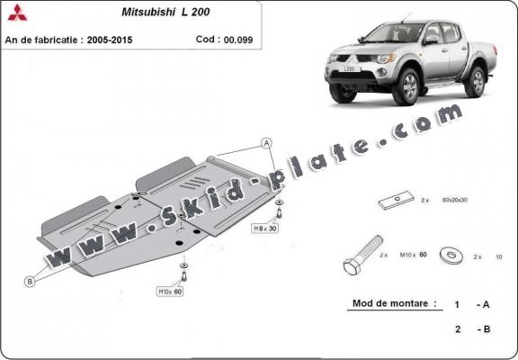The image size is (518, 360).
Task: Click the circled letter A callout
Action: [x=266, y=143]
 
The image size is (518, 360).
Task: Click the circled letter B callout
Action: [x=29, y=282]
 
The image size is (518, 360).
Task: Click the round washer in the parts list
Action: [x=451, y=256]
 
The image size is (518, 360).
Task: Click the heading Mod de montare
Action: [x=394, y=305]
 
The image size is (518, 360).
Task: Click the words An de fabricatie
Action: [x=47, y=40]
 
